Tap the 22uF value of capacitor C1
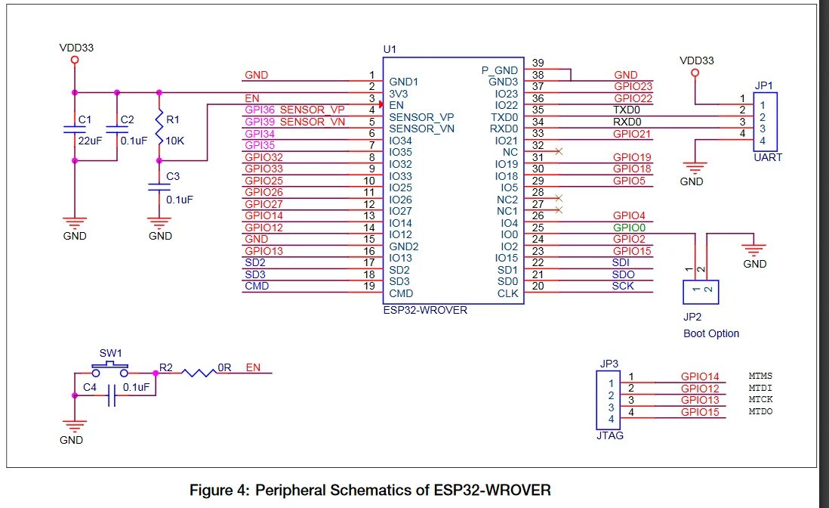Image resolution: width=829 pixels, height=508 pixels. (x=91, y=141)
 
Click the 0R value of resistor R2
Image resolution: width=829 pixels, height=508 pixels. (x=223, y=367)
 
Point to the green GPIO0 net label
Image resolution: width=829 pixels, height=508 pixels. (x=628, y=228)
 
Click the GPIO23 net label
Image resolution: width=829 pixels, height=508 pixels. (x=633, y=87)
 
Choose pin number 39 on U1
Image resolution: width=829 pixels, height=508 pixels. (x=538, y=63)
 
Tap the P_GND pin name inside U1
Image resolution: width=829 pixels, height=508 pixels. (x=500, y=70)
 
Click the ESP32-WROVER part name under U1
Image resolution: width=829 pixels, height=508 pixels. (x=425, y=310)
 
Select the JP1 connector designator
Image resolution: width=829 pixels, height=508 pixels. (x=764, y=86)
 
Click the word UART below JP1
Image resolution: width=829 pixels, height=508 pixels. (x=767, y=157)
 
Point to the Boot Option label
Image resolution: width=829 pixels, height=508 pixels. (x=711, y=333)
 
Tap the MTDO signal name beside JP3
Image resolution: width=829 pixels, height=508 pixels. (x=760, y=411)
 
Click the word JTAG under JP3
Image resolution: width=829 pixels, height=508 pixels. (x=609, y=435)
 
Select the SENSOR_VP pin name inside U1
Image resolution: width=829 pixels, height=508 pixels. (x=421, y=117)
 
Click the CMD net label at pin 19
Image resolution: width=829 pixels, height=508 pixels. (x=257, y=286)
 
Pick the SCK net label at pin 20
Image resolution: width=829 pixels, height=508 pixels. (x=623, y=286)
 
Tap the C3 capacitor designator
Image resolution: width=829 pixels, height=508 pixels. (x=173, y=176)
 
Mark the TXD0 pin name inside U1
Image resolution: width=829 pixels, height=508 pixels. (x=504, y=117)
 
